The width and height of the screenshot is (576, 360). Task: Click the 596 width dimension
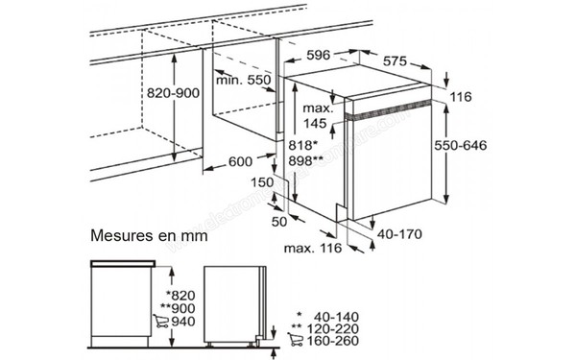coord(318,55)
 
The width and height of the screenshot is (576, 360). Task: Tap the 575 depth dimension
coord(395,61)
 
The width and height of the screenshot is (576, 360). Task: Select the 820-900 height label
coord(173,93)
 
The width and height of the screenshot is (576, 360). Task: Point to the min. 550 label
coord(243,80)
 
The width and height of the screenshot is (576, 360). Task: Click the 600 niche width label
coord(240,161)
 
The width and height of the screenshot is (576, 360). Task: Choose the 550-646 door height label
coord(460,145)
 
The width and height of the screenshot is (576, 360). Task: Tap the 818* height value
coord(302,145)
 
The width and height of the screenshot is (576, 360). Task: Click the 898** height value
coord(305,160)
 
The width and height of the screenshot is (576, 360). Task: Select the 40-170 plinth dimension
coord(399,234)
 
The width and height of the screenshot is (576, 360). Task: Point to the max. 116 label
coord(313,249)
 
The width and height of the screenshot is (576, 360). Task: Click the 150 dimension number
coord(262,182)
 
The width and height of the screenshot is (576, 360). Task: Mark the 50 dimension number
coord(278,221)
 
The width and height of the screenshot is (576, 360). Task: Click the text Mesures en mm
coord(149,235)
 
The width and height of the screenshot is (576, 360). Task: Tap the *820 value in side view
coord(180,295)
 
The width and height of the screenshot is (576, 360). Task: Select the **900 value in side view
coord(178,308)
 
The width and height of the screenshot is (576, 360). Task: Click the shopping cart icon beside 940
coord(160,321)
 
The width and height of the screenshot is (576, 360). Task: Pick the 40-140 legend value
coord(336,317)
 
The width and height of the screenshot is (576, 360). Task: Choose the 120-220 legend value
coord(333,328)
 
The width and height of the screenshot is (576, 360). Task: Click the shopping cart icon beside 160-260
coord(295,339)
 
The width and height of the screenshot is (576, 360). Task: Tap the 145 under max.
coord(315,124)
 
